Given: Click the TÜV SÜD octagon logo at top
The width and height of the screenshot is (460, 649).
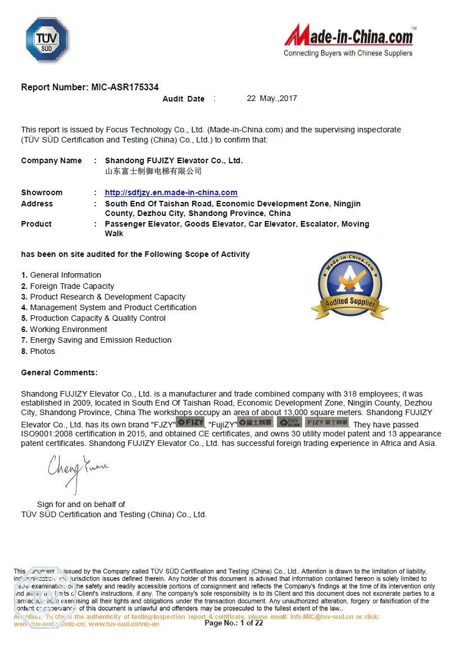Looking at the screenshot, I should [47, 40].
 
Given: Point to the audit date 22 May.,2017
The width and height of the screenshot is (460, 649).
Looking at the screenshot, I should [272, 99].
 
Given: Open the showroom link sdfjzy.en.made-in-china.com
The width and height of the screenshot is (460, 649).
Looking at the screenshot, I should [171, 192].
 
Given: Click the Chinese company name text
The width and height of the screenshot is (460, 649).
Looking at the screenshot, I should [153, 171].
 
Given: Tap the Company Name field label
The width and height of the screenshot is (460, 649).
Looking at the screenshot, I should [51, 160].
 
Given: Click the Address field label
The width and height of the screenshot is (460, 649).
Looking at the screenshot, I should [37, 204].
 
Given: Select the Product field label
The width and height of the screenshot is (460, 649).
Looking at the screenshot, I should [36, 224].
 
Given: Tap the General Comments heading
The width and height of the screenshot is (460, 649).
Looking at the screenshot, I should [59, 372].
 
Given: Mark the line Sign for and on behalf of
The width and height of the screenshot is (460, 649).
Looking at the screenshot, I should [81, 504].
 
